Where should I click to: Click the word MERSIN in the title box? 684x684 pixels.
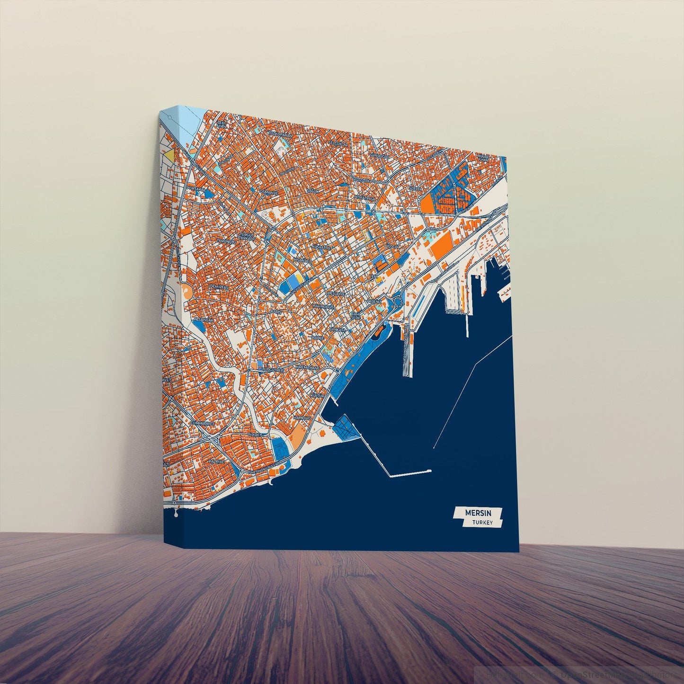478,513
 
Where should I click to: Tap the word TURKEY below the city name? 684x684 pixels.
482,523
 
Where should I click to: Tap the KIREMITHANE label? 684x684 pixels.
308,367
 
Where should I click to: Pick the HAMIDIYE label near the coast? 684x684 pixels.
302,418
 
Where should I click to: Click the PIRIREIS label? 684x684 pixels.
255,434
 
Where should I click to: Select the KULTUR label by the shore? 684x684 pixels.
317,395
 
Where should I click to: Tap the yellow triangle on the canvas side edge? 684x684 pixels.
169,155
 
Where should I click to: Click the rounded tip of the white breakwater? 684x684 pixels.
430,471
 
